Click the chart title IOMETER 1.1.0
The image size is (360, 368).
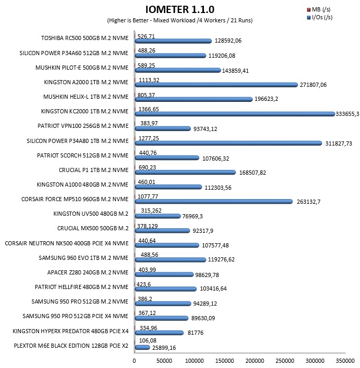(x=180, y=10)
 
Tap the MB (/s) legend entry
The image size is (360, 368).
(x=319, y=10)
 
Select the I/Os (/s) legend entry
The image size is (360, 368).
(x=319, y=17)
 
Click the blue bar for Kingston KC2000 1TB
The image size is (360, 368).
(x=235, y=114)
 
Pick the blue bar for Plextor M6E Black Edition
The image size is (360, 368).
(x=143, y=348)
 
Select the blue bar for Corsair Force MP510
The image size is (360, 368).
(x=214, y=202)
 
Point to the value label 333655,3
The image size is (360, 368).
(x=348, y=114)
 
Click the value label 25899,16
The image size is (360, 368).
(x=164, y=348)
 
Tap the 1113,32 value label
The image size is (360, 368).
(x=149, y=80)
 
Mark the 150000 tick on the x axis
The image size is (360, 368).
(x=225, y=361)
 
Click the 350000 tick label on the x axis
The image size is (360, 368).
(x=345, y=361)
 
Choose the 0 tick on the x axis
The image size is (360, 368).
(x=134, y=361)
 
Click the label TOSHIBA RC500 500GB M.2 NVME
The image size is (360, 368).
(x=85, y=38)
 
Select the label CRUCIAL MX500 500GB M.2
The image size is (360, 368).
(x=93, y=228)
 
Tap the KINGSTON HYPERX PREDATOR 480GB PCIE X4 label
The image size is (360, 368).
(x=70, y=331)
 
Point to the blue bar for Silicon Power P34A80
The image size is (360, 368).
(x=228, y=143)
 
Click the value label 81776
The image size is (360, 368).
(x=196, y=333)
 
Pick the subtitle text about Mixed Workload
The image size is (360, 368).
(x=180, y=20)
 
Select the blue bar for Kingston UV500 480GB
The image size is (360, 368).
(x=158, y=216)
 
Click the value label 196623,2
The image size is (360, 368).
(x=266, y=99)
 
